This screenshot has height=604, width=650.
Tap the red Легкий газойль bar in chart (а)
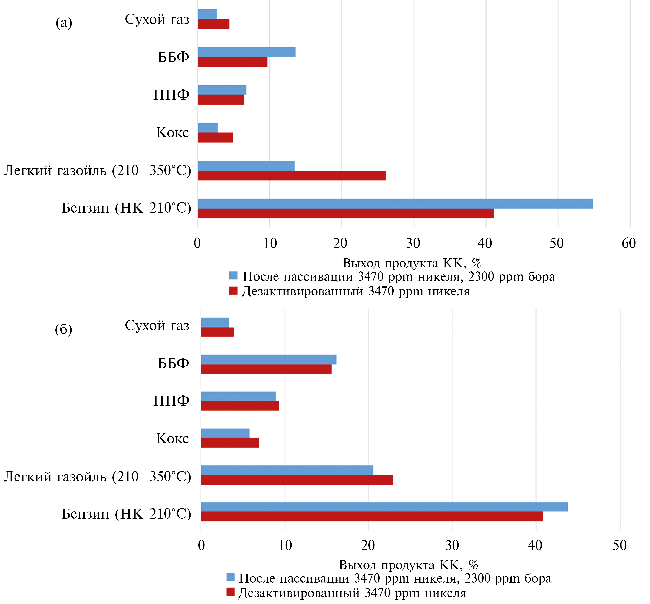click(x=292, y=176)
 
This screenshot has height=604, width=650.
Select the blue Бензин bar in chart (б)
click(x=384, y=507)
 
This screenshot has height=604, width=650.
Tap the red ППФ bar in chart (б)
click(x=240, y=406)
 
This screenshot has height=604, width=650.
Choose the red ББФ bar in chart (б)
click(x=266, y=369)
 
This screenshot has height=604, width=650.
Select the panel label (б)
click(x=63, y=329)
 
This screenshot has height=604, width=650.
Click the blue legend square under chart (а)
click(x=233, y=275)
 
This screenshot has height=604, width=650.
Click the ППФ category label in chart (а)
click(x=171, y=95)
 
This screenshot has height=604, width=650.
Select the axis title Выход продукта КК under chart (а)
click(x=412, y=263)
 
